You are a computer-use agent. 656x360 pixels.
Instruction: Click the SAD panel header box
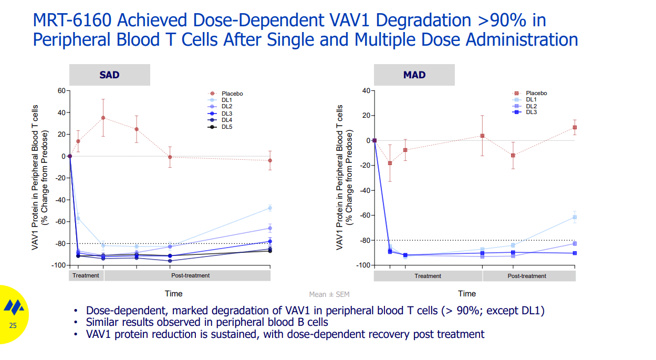click(109, 75)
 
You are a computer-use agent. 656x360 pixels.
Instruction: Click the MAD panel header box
click(414, 75)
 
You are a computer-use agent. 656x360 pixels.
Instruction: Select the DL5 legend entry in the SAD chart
click(226, 127)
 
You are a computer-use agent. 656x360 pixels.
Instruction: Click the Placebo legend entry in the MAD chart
click(536, 93)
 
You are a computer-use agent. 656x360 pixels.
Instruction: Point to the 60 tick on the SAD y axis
click(61, 91)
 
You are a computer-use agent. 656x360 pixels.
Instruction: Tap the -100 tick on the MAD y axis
click(363, 265)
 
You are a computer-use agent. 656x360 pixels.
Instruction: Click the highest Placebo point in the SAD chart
click(103, 118)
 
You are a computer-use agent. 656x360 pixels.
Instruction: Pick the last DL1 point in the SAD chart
click(270, 208)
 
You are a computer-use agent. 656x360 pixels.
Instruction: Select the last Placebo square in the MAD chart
click(575, 127)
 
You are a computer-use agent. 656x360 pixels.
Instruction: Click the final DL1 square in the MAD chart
click(575, 217)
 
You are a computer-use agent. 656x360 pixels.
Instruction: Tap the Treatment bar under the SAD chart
click(86, 275)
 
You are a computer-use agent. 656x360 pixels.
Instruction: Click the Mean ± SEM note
click(329, 295)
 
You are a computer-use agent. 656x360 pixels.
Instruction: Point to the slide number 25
click(13, 326)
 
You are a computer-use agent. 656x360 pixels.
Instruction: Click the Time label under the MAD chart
click(466, 293)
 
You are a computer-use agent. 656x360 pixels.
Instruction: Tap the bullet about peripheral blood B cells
click(207, 322)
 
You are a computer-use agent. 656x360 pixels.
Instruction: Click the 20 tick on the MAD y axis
click(366, 116)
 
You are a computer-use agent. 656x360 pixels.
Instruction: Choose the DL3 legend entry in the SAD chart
click(226, 113)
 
